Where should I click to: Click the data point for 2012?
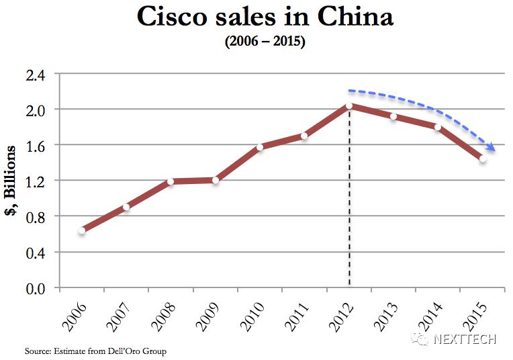point(349,106)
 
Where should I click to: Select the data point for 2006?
point(81,230)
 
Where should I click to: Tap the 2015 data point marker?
point(482,159)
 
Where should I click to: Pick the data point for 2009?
point(216,180)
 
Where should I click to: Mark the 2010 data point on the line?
point(260,146)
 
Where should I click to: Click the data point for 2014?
point(437,127)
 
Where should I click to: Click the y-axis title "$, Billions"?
point(11,181)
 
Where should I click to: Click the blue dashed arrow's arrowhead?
point(492,148)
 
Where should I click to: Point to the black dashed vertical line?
point(349,201)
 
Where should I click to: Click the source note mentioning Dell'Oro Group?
point(95,351)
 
